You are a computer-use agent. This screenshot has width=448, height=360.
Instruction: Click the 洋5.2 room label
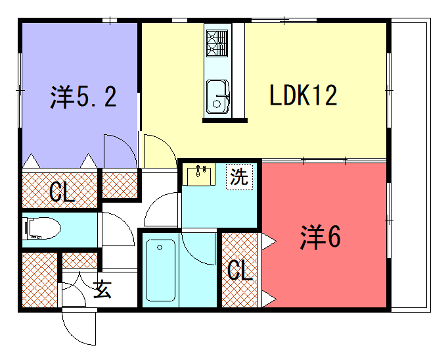coord(84,97)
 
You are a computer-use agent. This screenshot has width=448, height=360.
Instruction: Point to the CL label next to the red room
coord(238,270)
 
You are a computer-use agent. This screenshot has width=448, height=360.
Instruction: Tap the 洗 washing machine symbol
coord(239,178)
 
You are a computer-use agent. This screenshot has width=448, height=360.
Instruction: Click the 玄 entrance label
coord(101,290)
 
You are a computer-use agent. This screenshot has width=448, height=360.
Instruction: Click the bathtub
coord(162,272)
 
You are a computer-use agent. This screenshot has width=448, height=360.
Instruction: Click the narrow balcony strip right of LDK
coord(405,160)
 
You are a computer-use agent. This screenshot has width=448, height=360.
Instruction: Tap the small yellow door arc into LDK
coord(158,155)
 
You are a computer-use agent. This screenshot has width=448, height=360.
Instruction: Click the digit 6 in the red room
coord(334,237)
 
